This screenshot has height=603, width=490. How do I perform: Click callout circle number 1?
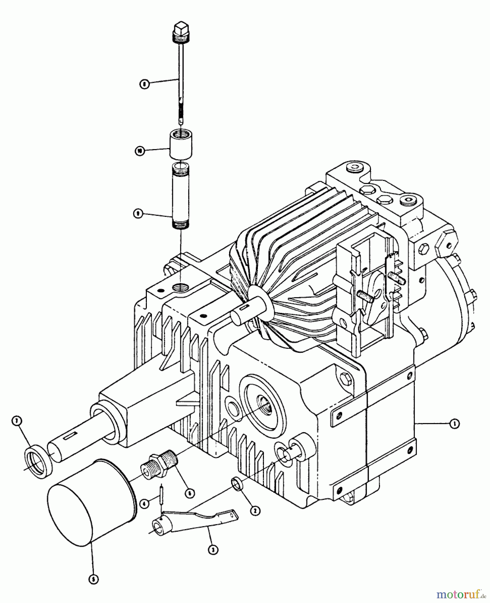pos(454,424)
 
